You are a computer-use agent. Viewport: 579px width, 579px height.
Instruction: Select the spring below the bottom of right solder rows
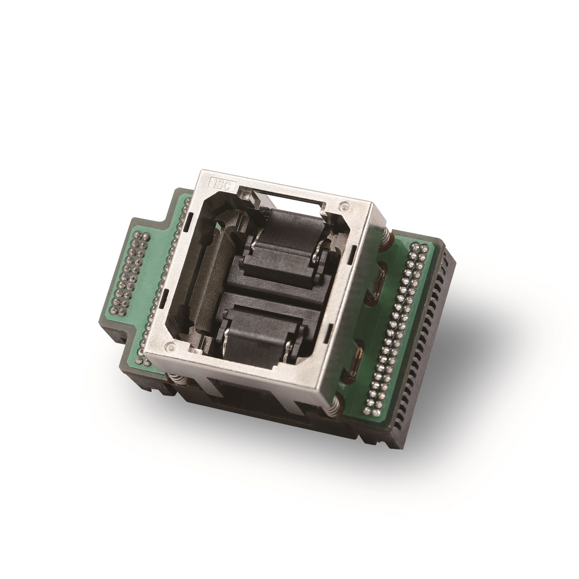334,405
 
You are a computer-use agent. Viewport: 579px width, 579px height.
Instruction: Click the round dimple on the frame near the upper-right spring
344,206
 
